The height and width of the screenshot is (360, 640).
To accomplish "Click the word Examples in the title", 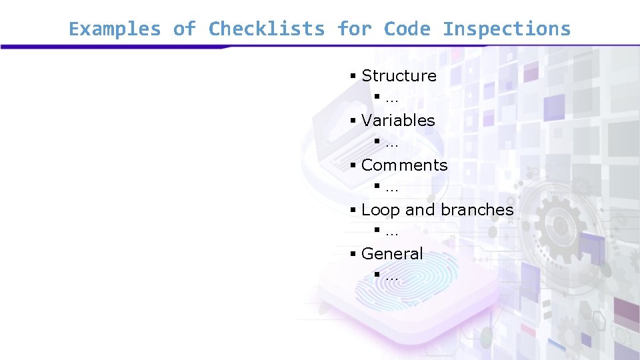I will pyautogui.click(x=114, y=29).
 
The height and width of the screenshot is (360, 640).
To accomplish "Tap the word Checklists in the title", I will pyautogui.click(x=267, y=29).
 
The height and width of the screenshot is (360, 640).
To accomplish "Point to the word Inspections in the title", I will pyautogui.click(x=507, y=29).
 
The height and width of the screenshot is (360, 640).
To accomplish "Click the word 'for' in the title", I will pyautogui.click(x=354, y=29).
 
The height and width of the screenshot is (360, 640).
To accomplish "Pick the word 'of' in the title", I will pyautogui.click(x=184, y=29).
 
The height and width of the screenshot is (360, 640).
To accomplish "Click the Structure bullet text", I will pyautogui.click(x=399, y=76).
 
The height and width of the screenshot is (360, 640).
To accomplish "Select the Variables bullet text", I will pyautogui.click(x=398, y=121).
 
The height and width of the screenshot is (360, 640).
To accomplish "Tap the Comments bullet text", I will pyautogui.click(x=404, y=165).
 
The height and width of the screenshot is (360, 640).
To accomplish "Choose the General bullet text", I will pyautogui.click(x=392, y=254).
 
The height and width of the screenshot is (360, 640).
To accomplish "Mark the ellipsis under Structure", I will pyautogui.click(x=391, y=99).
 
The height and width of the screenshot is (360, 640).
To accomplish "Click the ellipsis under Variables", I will pyautogui.click(x=391, y=143).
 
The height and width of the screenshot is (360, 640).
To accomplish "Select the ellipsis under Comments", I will pyautogui.click(x=391, y=187).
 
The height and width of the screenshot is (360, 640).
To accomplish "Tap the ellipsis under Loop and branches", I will pyautogui.click(x=391, y=233).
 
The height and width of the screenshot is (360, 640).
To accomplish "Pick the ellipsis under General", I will pyautogui.click(x=391, y=277).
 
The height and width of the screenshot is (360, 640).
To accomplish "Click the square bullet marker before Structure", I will pyautogui.click(x=353, y=76).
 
